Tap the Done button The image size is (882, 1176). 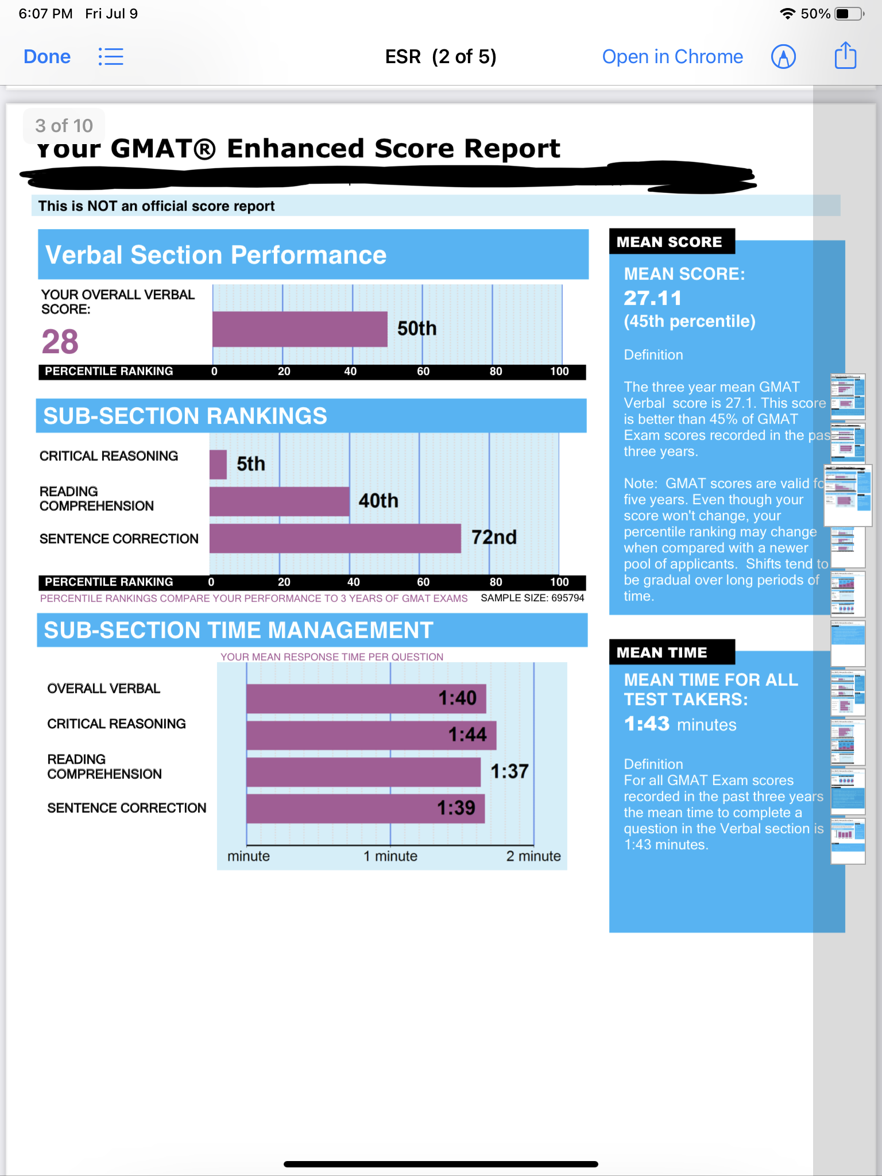pyautogui.click(x=47, y=57)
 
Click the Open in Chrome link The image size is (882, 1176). pyautogui.click(x=672, y=57)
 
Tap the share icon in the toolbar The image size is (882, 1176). pyautogui.click(x=845, y=56)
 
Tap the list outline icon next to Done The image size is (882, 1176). pyautogui.click(x=111, y=57)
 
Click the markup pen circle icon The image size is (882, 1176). pyautogui.click(x=783, y=57)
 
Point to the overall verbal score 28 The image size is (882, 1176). pyautogui.click(x=60, y=342)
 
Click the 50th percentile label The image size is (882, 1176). pyautogui.click(x=417, y=328)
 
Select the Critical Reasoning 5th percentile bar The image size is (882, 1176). pyautogui.click(x=218, y=464)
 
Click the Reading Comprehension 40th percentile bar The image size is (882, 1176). pyautogui.click(x=280, y=501)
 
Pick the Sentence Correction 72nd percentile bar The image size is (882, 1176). pyautogui.click(x=335, y=539)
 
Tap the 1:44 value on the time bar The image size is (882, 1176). pyautogui.click(x=467, y=734)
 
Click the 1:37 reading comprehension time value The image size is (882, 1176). pyautogui.click(x=509, y=771)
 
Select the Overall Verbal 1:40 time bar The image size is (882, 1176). pyautogui.click(x=366, y=698)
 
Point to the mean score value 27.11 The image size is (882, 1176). pyautogui.click(x=653, y=298)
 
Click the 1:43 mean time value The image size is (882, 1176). pyautogui.click(x=647, y=724)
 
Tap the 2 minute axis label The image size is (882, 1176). pyautogui.click(x=533, y=856)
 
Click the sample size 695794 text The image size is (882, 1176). pyautogui.click(x=532, y=598)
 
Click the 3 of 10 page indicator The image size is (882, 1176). pyautogui.click(x=64, y=126)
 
